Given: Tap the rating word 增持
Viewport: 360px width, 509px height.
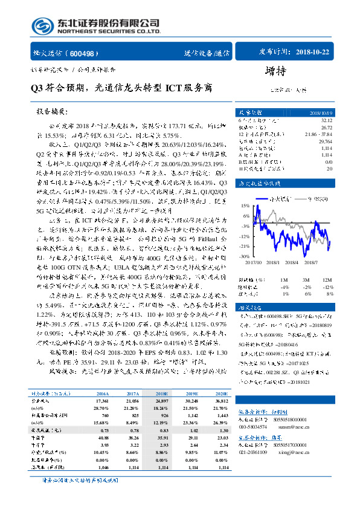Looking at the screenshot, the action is click(x=274, y=71).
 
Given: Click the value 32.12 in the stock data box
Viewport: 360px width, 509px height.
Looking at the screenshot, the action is click(x=326, y=120).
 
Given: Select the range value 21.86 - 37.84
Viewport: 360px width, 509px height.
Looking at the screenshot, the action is click(x=319, y=132).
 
